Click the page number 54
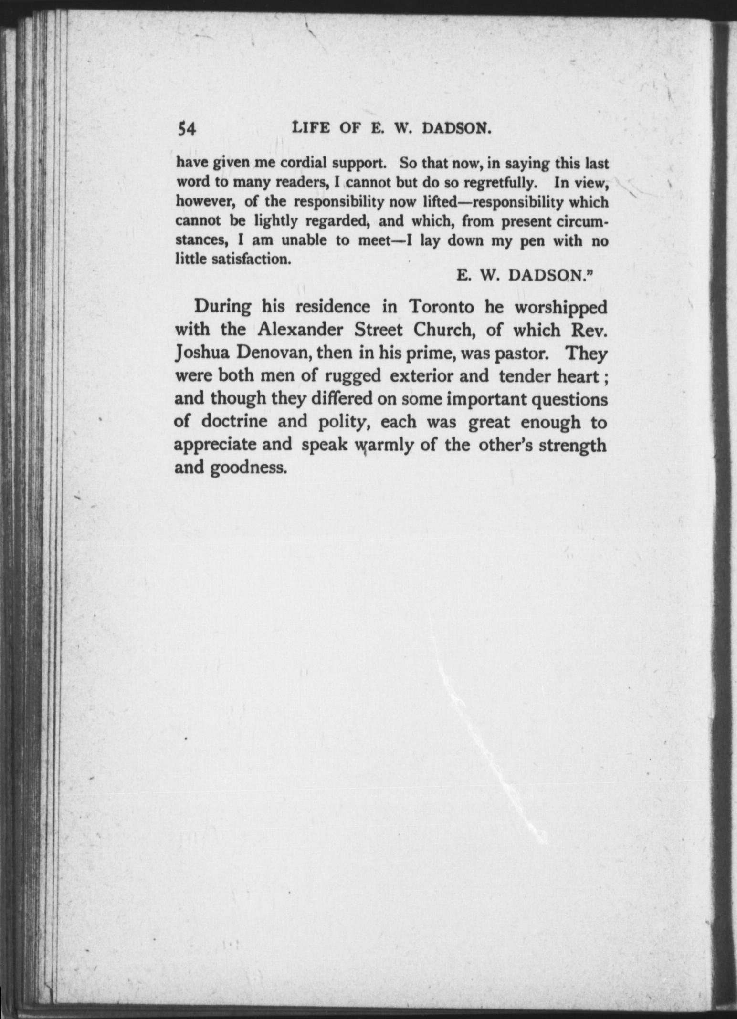(186, 129)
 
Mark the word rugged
(353, 376)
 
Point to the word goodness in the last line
(248, 468)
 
